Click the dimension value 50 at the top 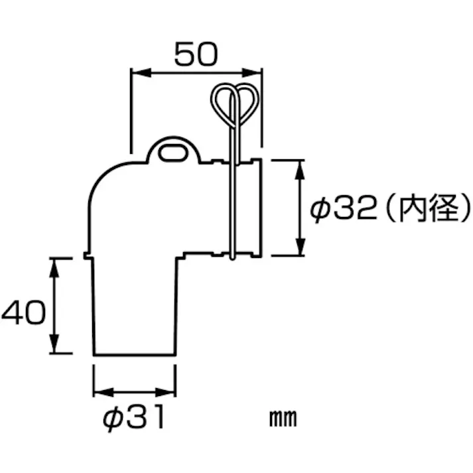pos(196,54)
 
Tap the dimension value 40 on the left pos(23,312)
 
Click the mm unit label pos(283,419)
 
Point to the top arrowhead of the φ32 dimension pos(301,165)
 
